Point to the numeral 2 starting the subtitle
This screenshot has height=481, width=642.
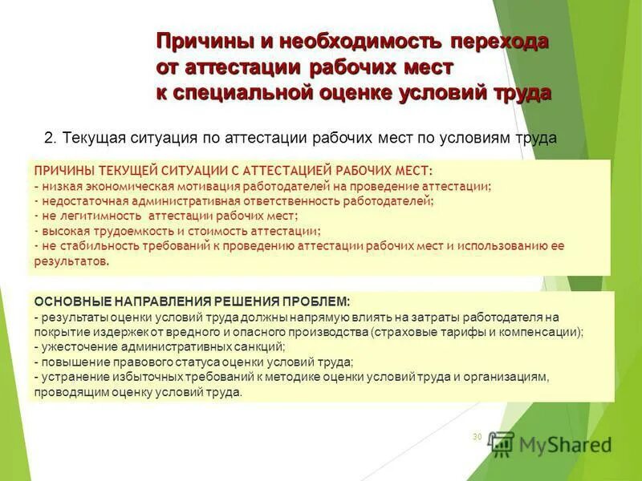point(48,138)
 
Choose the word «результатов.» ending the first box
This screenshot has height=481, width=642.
point(71,261)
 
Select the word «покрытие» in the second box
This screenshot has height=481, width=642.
point(61,331)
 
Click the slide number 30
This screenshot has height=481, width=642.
point(477,437)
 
